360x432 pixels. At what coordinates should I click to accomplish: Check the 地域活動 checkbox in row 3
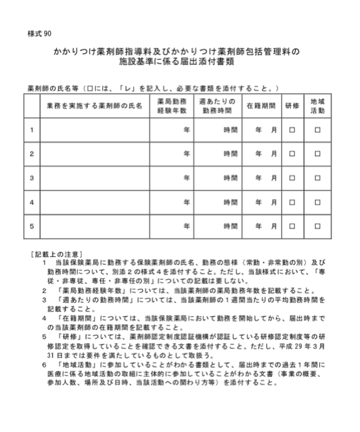pos(317,178)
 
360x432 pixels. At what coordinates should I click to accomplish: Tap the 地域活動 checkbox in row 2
pos(317,154)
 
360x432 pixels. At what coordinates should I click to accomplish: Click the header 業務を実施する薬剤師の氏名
pos(94,106)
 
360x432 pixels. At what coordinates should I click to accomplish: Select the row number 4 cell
pos(32,202)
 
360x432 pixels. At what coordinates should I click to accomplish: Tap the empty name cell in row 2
pos(94,154)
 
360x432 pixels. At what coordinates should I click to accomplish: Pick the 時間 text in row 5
pos(230,226)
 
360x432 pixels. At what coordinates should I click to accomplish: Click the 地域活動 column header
pos(317,106)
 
